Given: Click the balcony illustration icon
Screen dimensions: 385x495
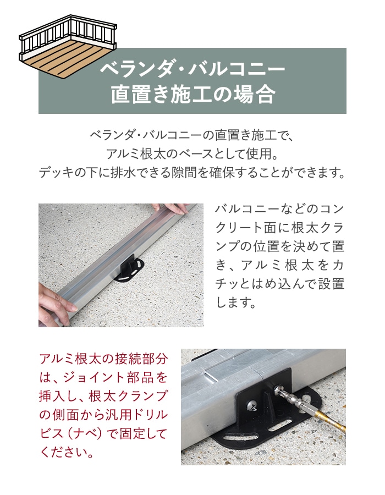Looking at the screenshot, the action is point(68,46).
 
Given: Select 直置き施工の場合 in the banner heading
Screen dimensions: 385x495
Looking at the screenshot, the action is point(193,94).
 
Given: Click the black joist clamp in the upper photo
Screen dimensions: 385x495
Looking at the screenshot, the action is point(129,268).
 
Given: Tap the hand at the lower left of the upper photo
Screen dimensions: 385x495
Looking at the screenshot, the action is point(57,304).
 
